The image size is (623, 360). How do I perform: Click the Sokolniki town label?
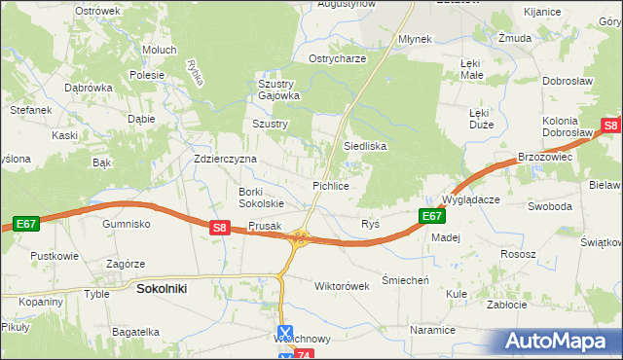pyautogui.click(x=162, y=289)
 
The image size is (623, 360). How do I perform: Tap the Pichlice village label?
pyautogui.click(x=330, y=185)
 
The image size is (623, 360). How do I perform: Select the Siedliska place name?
pyautogui.click(x=365, y=146)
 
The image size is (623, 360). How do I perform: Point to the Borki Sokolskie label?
pyautogui.click(x=261, y=198)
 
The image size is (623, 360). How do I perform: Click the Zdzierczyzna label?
pyautogui.click(x=225, y=159)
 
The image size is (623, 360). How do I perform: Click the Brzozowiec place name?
pyautogui.click(x=544, y=156)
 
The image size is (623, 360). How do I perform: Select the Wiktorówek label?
pyautogui.click(x=342, y=287)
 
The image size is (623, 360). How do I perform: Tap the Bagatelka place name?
pyautogui.click(x=135, y=332)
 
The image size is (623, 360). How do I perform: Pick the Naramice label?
pyautogui.click(x=432, y=331)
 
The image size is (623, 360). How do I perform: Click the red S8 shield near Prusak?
pyautogui.click(x=220, y=229)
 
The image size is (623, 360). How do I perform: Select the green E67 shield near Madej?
pyautogui.click(x=432, y=216)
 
